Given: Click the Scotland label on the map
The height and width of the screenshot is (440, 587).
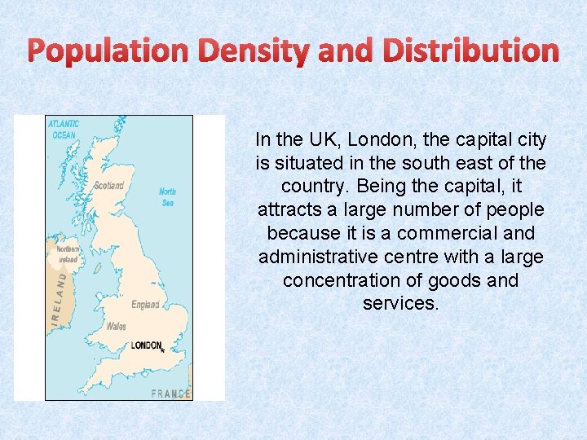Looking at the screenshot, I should pos(109,186).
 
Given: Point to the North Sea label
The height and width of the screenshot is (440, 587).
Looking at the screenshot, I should pos(168,197).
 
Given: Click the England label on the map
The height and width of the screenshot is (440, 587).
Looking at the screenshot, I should pos(146,305).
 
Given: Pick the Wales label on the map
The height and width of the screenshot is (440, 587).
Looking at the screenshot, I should pos(116,326).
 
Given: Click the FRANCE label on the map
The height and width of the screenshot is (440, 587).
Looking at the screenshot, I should pos(170,394).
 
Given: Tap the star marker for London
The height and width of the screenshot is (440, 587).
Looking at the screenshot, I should pos(163,350).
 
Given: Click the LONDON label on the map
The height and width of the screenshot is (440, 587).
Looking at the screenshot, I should pos(146,345).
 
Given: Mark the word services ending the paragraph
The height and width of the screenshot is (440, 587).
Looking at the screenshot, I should pos(400,303).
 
